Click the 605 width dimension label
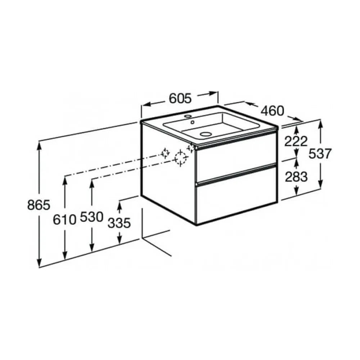pyautogui.click(x=180, y=99)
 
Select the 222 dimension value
pyautogui.click(x=296, y=141)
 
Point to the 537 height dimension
pyautogui.click(x=320, y=154)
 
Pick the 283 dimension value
pyautogui.click(x=296, y=177)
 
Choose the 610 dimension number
pyautogui.click(x=64, y=220)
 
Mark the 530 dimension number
pyautogui.click(x=91, y=217)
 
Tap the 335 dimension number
pyautogui.click(x=119, y=222)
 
